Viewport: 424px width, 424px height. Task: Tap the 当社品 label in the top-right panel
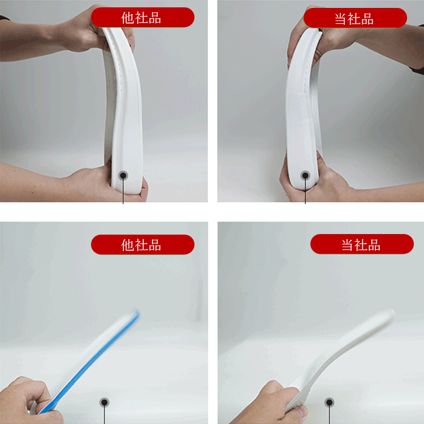pos(354,19)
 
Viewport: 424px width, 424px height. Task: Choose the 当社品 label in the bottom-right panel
pos(361,244)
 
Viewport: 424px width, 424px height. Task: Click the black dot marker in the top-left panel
pos(123,175)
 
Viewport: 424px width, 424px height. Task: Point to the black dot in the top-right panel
pos(305,175)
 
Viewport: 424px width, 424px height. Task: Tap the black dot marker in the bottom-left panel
pos(105,403)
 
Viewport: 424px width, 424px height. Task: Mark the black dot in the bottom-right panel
pos(330,403)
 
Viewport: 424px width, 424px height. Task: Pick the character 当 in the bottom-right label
pos(348,245)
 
